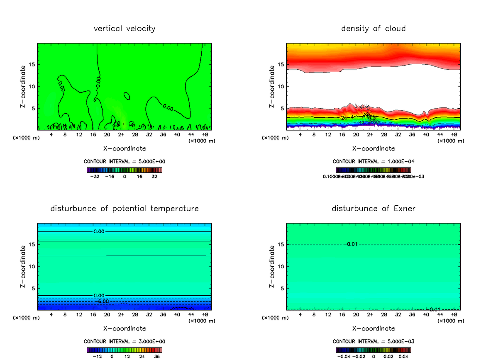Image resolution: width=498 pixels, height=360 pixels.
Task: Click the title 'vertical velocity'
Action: (x=124, y=29)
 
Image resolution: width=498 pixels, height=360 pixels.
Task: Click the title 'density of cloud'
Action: (x=373, y=29)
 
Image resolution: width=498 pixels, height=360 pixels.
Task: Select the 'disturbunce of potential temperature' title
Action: (x=124, y=209)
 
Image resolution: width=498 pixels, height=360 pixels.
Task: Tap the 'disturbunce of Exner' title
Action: (x=373, y=209)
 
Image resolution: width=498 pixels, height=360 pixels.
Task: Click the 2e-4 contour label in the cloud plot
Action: (x=347, y=118)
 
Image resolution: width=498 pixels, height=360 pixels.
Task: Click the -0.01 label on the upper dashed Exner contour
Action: (x=350, y=243)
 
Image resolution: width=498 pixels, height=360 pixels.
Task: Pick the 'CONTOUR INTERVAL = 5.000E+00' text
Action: (x=124, y=161)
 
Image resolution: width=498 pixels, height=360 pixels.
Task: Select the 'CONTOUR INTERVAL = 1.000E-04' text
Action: (x=373, y=161)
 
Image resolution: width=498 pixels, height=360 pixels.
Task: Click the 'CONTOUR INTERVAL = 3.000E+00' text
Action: (x=124, y=341)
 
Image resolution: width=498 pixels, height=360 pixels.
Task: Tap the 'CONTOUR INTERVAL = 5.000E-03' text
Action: (x=373, y=341)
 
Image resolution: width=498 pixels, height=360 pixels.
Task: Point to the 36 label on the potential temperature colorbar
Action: (x=157, y=356)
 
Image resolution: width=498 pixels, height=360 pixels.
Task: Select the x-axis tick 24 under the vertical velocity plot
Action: (x=121, y=134)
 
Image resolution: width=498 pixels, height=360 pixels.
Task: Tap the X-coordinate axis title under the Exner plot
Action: (x=373, y=328)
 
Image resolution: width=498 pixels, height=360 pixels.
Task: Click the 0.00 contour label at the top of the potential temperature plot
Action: (x=99, y=231)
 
